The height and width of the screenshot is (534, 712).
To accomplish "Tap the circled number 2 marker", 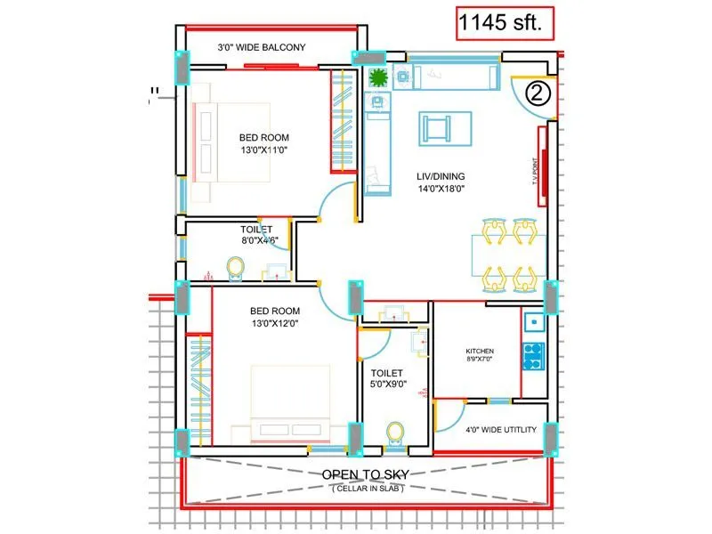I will coord(537,93).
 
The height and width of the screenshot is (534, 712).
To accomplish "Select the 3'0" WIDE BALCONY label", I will coord(262,47).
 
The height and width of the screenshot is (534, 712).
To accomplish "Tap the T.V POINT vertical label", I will coord(536,169).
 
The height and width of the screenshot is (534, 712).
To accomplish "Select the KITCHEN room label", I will coord(480,352).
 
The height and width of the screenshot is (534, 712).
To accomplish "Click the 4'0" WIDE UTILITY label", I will coord(501,430).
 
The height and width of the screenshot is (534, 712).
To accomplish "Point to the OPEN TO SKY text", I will coord(365,473).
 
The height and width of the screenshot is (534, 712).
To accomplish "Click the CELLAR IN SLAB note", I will coord(365,488).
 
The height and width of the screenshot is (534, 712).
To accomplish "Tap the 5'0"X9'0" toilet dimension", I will coord(388,385).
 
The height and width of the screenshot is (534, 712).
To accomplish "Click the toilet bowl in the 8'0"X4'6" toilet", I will coord(236,267).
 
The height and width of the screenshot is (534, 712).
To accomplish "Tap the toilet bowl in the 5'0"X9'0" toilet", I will coord(394,432).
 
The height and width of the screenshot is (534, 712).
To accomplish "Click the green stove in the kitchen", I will coord(533,356).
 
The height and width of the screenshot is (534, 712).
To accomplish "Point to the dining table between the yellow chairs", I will coord(508,255).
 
